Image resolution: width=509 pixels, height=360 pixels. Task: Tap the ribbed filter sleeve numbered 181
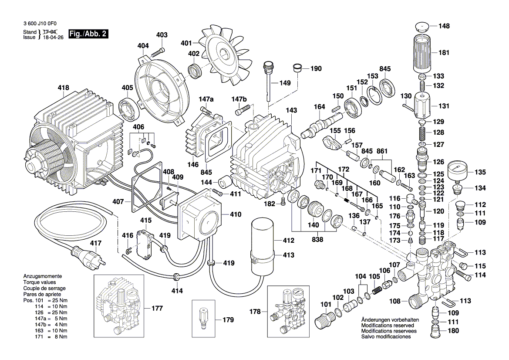tap(422, 54)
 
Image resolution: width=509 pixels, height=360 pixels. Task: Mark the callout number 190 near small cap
tap(316, 68)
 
